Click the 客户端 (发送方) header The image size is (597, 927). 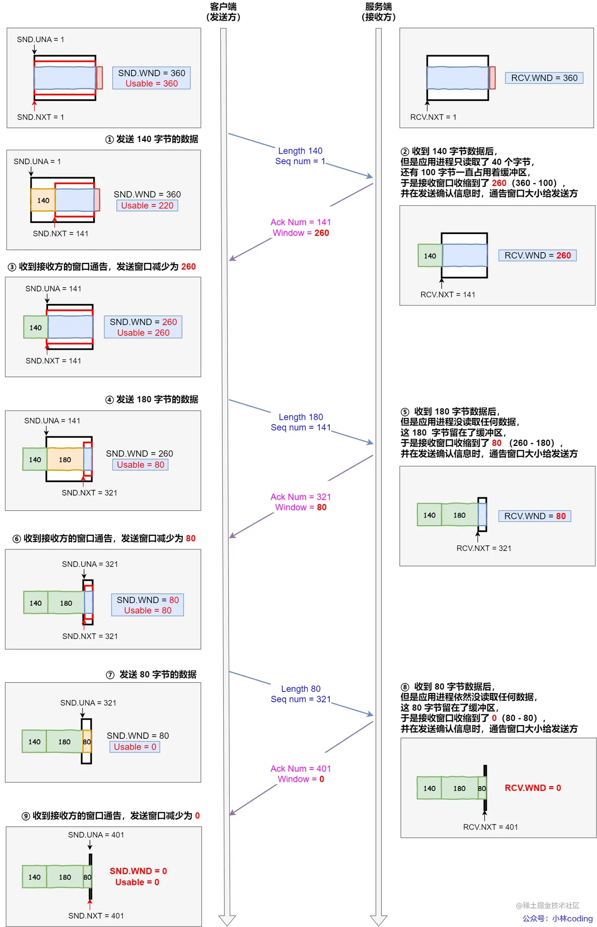pos(223,12)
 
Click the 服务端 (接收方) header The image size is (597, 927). pos(378,12)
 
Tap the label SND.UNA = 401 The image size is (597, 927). pos(96,835)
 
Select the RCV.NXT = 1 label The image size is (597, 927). pos(433,117)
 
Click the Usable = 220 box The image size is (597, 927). pos(147,206)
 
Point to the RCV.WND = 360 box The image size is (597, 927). pos(544,78)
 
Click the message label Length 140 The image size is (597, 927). pos(300,151)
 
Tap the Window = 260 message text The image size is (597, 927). pos(300,233)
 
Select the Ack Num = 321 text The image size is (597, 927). pos(300,497)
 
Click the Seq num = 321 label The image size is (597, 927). pos(300,699)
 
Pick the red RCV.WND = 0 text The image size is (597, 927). pos(533,788)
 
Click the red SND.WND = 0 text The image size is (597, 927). pos(138,871)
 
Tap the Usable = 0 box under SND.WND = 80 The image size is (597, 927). pos(135,747)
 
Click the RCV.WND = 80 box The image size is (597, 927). pos(535,516)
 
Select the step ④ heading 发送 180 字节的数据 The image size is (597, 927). pos(152,399)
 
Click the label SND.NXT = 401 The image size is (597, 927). pos(96,916)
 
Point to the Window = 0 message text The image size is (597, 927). pos(300,779)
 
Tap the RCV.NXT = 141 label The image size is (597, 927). pos(448,295)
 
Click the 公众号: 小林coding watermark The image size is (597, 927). pos(557,918)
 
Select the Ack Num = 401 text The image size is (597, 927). pos(300,768)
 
